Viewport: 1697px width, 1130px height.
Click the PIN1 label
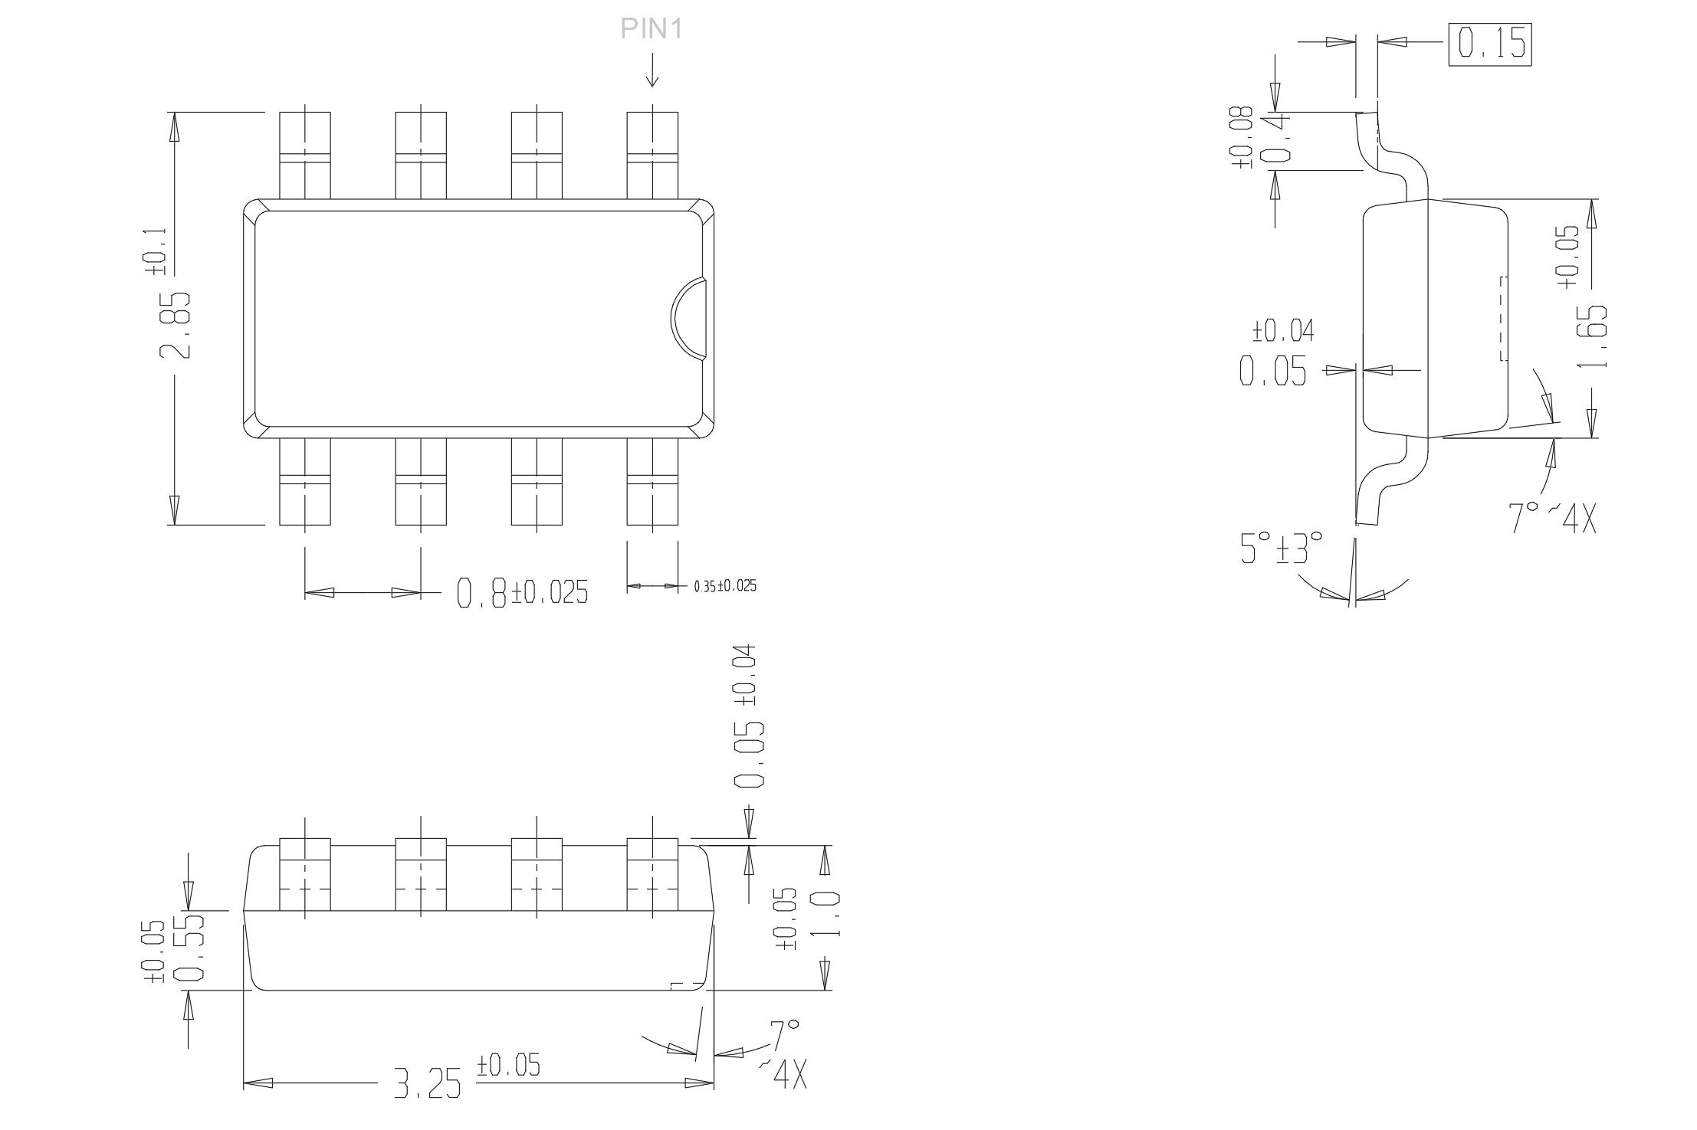(651, 28)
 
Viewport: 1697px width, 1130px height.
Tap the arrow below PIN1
(652, 70)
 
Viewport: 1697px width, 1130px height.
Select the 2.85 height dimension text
(176, 325)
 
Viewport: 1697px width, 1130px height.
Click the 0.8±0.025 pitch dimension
(522, 592)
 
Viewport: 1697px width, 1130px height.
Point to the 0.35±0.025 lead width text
(725, 586)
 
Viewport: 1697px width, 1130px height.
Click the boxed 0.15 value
(1490, 44)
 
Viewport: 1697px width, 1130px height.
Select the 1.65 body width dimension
(1592, 336)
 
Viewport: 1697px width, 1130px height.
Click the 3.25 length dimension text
(428, 1083)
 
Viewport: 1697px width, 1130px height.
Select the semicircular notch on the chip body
(688, 318)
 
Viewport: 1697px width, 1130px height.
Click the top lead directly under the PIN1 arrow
(652, 156)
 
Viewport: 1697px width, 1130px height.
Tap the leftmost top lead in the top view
(305, 156)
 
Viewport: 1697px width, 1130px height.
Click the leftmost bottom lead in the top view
(305, 481)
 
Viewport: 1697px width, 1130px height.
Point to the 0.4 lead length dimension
(1275, 140)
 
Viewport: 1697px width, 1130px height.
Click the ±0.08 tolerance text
(1242, 137)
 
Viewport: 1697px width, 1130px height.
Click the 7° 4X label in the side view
(1553, 518)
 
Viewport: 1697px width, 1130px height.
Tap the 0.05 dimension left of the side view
(1273, 371)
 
